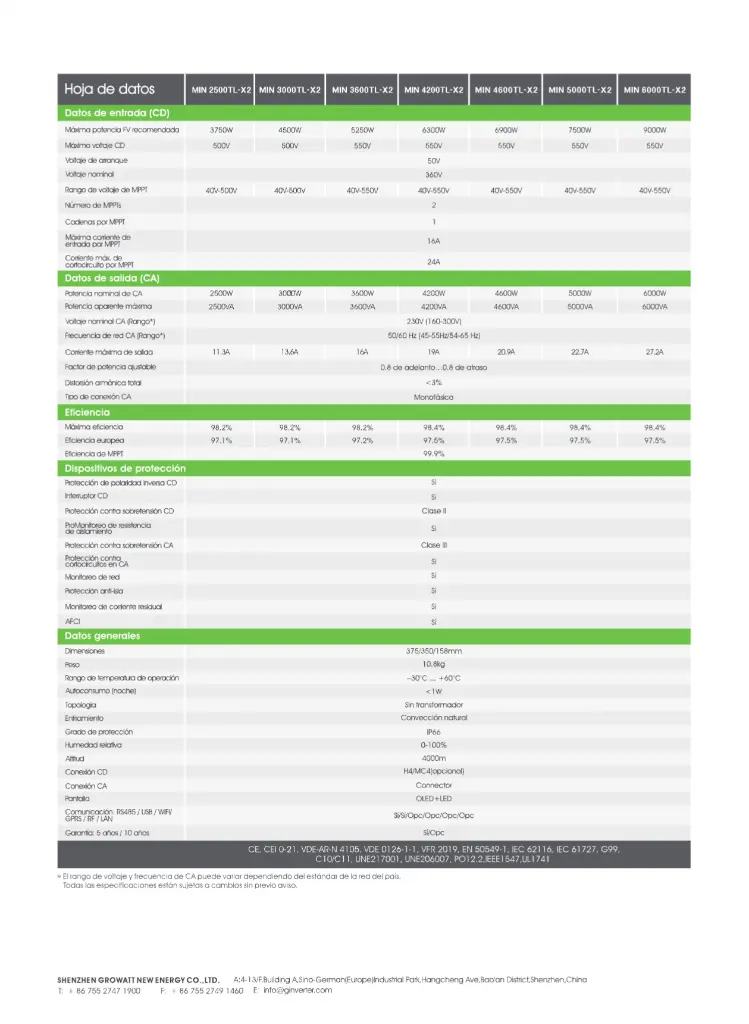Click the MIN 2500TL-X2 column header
221,90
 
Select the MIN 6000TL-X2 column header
655,90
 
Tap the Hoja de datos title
110,89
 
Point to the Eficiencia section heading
88,412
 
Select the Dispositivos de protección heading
125,468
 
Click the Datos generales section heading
103,636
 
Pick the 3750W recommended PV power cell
221,130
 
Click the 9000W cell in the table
655,130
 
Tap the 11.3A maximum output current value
221,352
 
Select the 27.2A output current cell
655,352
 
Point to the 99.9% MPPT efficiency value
434,454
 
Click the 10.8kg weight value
434,664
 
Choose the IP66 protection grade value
434,732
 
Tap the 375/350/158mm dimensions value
434,651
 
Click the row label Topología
81,705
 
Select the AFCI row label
72,621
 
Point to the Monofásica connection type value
434,397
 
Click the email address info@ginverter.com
292,990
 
